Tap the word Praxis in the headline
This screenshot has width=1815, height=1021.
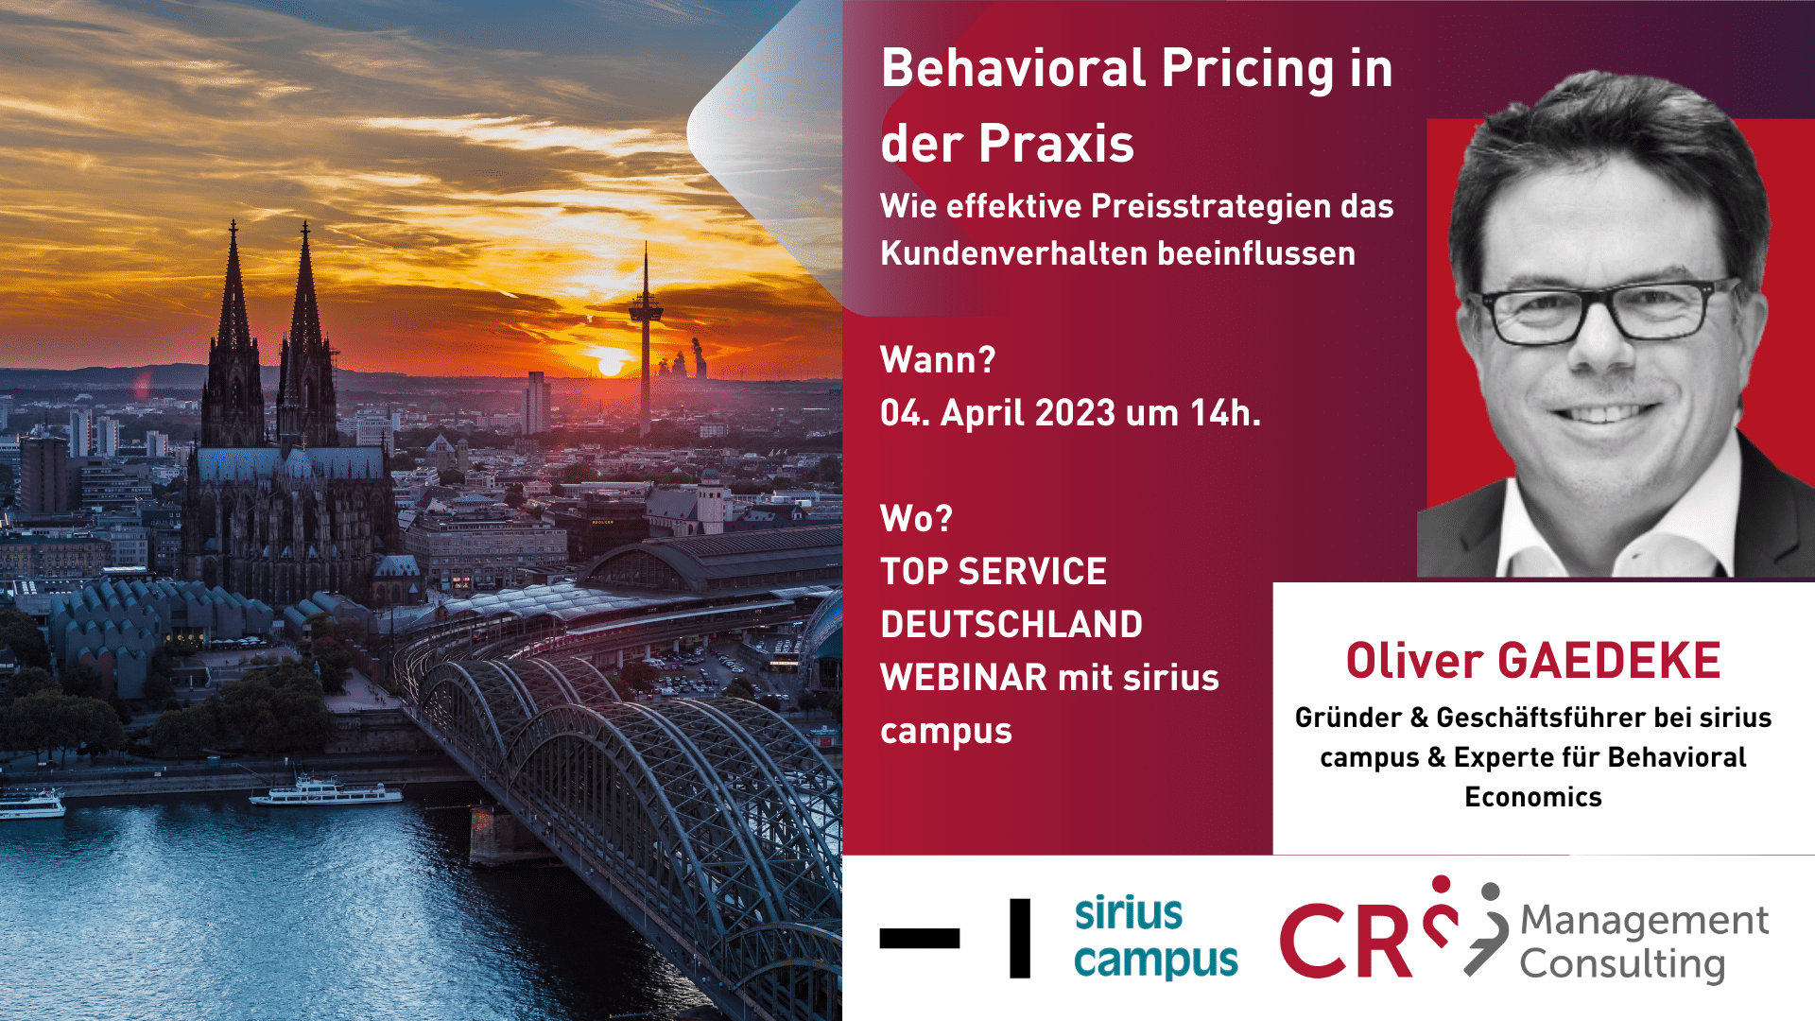(1056, 144)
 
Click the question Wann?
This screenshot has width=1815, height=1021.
(938, 360)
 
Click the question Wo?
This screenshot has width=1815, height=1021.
(916, 519)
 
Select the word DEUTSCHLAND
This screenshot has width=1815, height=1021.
(1011, 625)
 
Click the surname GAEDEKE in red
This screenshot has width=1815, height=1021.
(1609, 661)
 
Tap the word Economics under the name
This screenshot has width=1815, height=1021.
(1533, 798)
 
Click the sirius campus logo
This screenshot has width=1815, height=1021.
(1156, 937)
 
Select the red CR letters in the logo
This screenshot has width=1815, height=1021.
(1346, 940)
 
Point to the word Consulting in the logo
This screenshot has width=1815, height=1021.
(1622, 965)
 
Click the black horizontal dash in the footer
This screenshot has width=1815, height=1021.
(919, 938)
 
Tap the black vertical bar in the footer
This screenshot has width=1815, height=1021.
(1020, 938)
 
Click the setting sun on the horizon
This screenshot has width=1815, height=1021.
(611, 365)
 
